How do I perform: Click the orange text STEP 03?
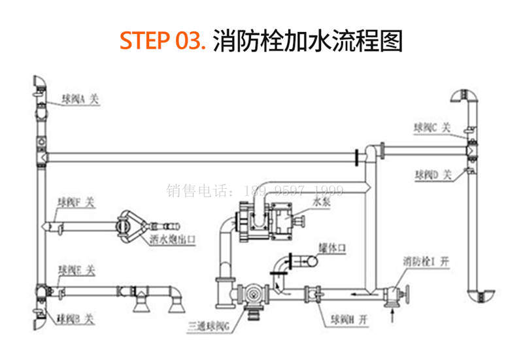tap(163, 41)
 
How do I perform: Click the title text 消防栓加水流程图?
tap(307, 41)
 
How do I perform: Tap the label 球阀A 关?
tap(76, 99)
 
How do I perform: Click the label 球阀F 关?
tap(76, 203)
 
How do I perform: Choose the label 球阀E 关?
tap(76, 269)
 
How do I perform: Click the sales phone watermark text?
tap(255, 191)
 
